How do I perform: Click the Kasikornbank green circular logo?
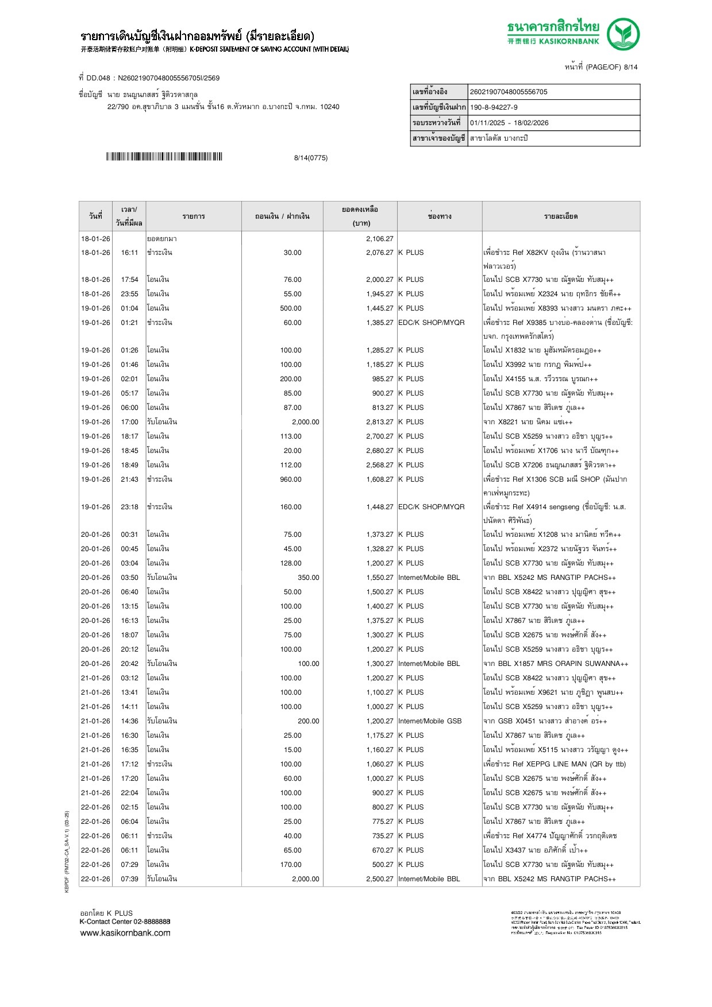point(623,34)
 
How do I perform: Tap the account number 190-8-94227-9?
point(494,107)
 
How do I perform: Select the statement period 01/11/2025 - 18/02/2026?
point(509,123)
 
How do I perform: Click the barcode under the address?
point(164,157)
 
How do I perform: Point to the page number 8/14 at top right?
point(630,67)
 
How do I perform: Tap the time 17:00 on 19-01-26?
point(129,422)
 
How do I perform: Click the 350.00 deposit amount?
point(308,578)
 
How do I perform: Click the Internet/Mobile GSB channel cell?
point(430,721)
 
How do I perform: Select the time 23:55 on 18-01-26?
point(129,294)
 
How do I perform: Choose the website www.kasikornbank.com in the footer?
point(125,933)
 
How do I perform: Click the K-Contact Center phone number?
point(152,921)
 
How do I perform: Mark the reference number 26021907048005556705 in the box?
point(509,92)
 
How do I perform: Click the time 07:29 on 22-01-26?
point(129,865)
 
